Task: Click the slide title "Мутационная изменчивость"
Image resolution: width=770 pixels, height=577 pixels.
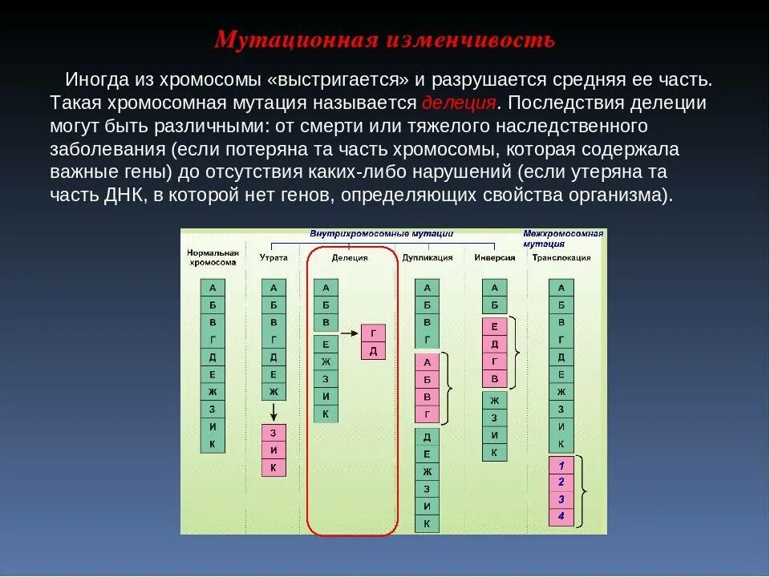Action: (384, 40)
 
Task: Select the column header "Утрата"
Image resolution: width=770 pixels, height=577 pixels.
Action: (274, 258)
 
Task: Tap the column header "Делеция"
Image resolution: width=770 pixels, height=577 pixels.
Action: (350, 258)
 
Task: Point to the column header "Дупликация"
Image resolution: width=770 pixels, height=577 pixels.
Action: (428, 258)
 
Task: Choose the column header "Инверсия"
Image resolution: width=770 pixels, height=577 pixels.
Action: (494, 258)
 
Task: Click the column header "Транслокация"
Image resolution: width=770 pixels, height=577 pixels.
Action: (561, 258)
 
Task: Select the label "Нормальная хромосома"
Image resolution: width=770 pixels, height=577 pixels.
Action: (213, 258)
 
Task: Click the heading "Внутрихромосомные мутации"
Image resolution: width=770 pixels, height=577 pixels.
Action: (381, 234)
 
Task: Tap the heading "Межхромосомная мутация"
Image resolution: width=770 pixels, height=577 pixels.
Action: (563, 238)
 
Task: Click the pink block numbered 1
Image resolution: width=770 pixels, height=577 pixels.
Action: (561, 466)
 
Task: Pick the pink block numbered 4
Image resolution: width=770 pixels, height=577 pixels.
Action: (561, 516)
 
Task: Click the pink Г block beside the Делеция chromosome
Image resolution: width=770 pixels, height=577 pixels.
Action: (374, 333)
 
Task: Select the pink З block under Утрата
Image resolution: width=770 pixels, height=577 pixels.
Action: (274, 434)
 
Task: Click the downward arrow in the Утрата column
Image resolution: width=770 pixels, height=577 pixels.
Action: (274, 412)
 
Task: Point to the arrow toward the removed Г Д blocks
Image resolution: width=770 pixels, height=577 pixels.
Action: (348, 332)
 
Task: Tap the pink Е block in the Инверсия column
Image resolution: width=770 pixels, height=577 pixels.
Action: (494, 326)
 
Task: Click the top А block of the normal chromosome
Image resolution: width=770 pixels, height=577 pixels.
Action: (213, 288)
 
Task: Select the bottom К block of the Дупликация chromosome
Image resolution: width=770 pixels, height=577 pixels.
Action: (427, 524)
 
